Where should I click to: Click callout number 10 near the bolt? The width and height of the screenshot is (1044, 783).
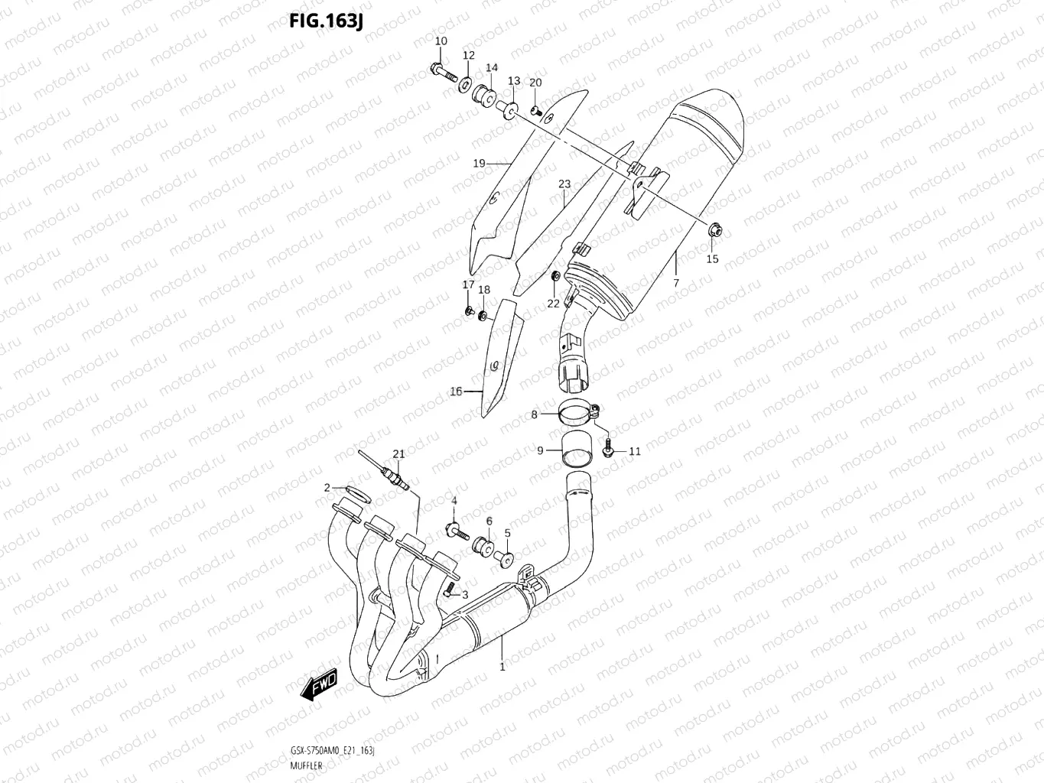point(441,41)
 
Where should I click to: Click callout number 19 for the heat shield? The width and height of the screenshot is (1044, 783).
point(479,163)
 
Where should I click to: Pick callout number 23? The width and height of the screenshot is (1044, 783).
point(564,184)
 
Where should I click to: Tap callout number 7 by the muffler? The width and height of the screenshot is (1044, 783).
point(675,283)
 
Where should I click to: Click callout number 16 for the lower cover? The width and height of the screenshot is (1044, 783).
point(456,391)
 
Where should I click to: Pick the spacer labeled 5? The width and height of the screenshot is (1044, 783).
point(506,559)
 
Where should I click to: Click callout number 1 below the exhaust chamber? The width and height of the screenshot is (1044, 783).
point(502,667)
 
